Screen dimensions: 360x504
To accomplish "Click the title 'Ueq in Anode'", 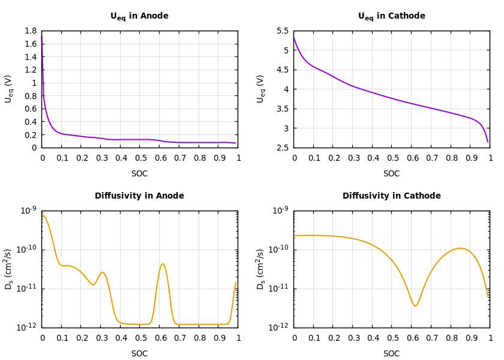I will (139, 16).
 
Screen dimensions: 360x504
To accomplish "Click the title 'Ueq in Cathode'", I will (391, 16).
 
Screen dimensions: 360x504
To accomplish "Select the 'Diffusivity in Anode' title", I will (139, 196).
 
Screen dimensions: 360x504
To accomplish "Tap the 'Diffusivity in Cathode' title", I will (391, 196).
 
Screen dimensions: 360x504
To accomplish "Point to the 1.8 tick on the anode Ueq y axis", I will (31, 31).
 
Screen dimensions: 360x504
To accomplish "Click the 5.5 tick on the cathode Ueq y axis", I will (283, 31).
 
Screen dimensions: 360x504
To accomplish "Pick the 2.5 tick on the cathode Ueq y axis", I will (283, 148).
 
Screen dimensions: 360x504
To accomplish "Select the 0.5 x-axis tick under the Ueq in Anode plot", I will (140, 158).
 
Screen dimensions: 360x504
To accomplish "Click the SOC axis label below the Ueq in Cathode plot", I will (391, 174).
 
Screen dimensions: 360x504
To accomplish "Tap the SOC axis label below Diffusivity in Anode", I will (139, 354).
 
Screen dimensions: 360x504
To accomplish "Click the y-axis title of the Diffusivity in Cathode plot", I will (260, 269).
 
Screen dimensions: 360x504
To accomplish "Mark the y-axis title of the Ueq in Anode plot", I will (8, 89).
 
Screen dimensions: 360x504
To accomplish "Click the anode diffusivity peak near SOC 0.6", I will (163, 263).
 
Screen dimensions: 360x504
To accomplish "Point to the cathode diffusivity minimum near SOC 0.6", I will (415, 306).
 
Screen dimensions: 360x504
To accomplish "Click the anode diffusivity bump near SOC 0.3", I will (102, 272).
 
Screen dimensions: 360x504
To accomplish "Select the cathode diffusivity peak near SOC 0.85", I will (460, 248).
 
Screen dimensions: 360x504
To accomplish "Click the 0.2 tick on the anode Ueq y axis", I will (31, 135).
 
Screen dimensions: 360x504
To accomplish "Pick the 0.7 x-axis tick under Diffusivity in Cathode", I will (431, 338).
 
